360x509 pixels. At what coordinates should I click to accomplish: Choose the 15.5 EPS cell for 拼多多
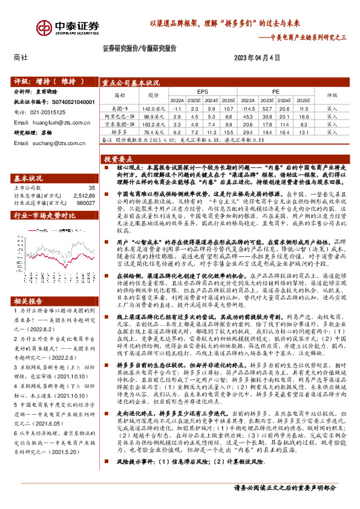[227, 131]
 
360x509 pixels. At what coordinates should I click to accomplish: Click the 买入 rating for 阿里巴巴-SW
[332, 115]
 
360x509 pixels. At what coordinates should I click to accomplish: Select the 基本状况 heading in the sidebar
[28, 178]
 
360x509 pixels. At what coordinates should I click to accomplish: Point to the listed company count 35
[91, 188]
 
